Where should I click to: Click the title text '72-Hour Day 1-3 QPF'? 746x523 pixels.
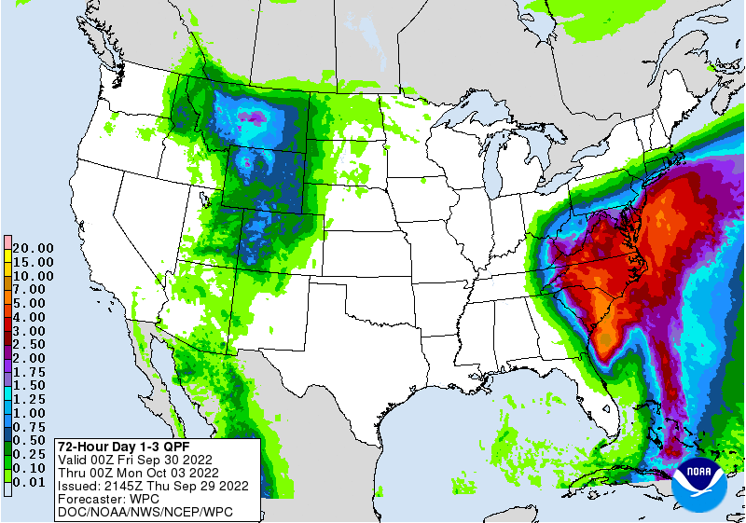[x=122, y=446]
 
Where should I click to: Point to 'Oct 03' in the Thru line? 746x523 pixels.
[x=168, y=473]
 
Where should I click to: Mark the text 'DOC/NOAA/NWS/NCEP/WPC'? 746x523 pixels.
[x=145, y=513]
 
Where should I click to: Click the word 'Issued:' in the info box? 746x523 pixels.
[x=81, y=486]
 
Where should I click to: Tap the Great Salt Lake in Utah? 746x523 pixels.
[x=202, y=198]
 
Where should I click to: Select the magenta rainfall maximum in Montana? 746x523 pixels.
[x=253, y=117]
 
